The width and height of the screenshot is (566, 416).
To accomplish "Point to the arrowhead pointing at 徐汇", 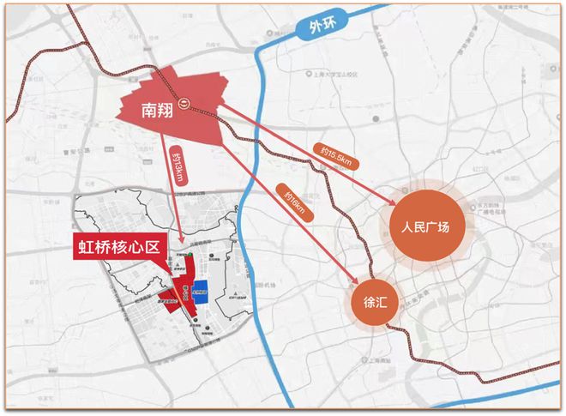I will (x=356, y=280).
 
